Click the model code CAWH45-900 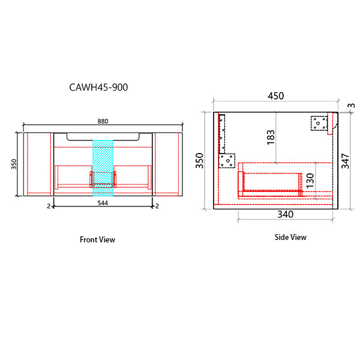pyautogui.click(x=99, y=87)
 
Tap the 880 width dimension pyautogui.click(x=103, y=121)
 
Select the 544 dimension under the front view pyautogui.click(x=103, y=203)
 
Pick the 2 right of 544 pyautogui.click(x=157, y=206)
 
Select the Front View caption pyautogui.click(x=97, y=239)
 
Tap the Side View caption pyautogui.click(x=290, y=237)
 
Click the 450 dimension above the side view pyautogui.click(x=275, y=96)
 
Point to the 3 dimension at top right pyautogui.click(x=350, y=107)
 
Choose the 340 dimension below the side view pyautogui.click(x=285, y=214)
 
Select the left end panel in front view pyautogui.click(x=38, y=164)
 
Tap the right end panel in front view pyautogui.click(x=167, y=164)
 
